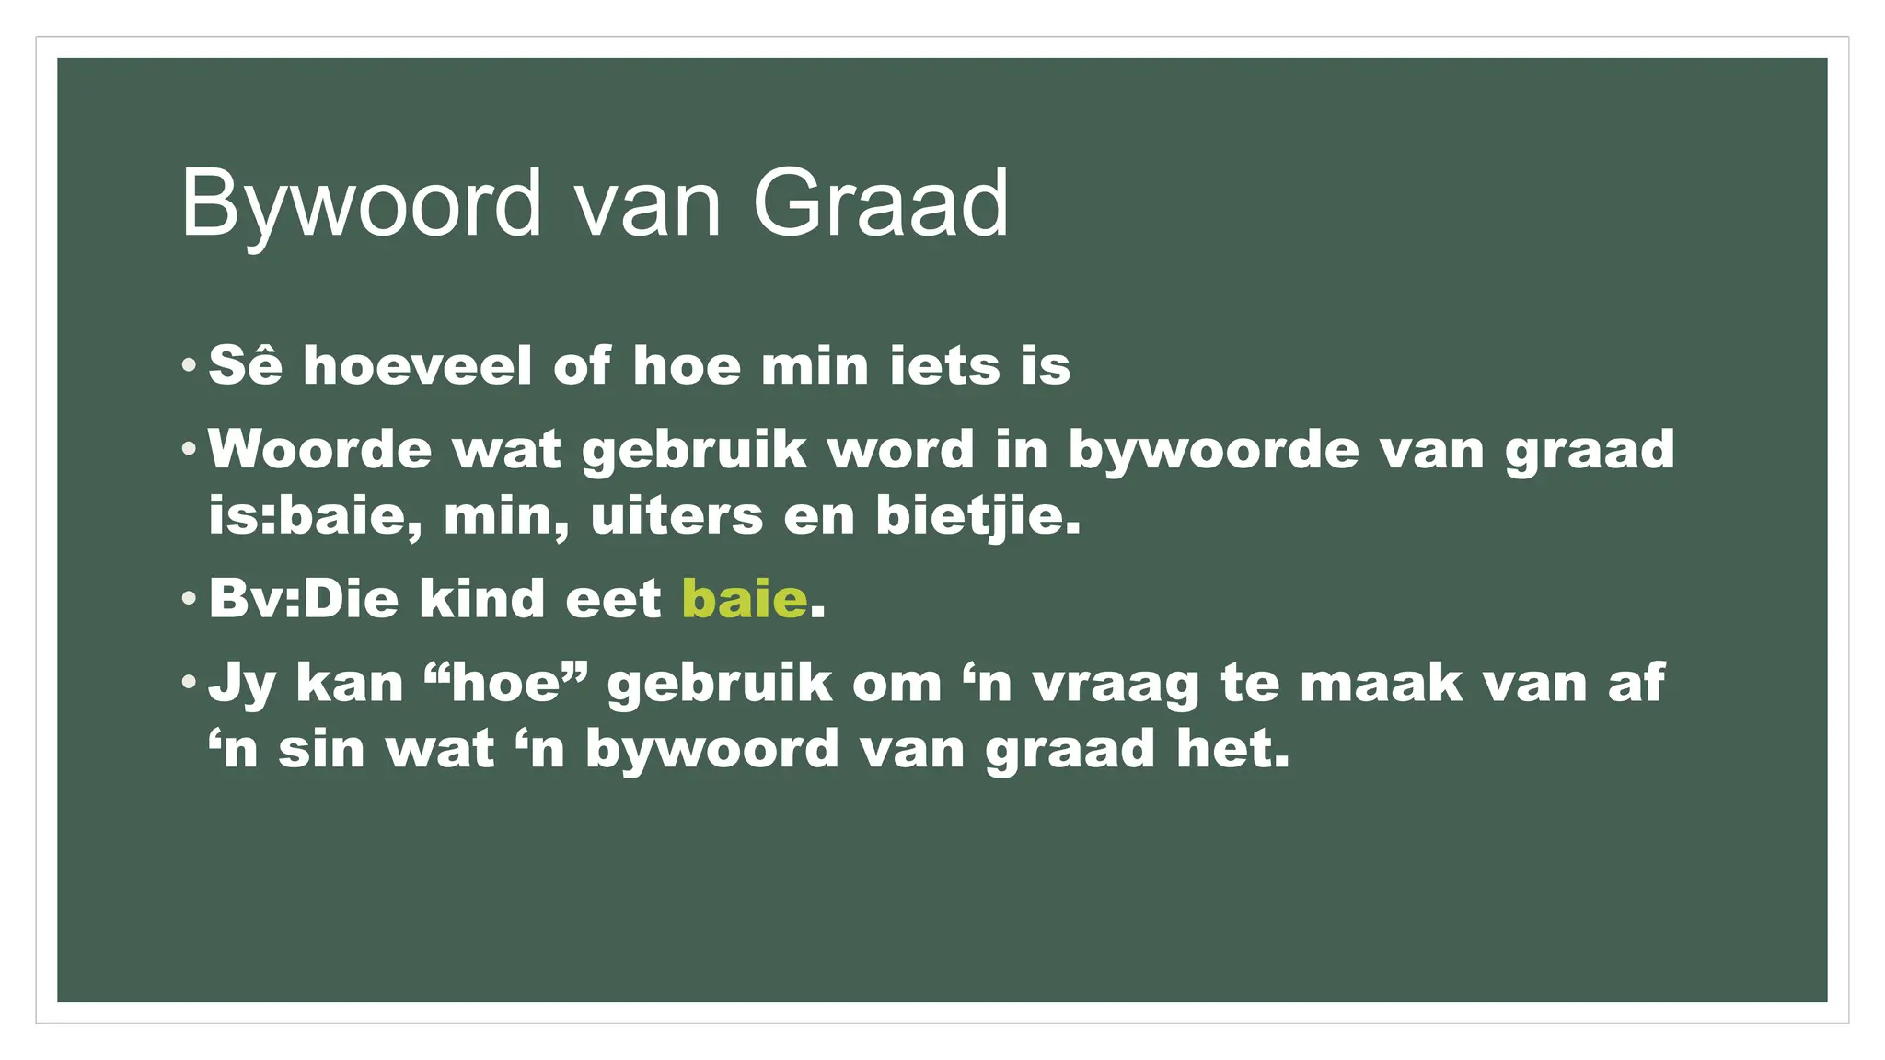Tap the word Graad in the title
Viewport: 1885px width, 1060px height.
coord(880,204)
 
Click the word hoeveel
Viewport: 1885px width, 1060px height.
coord(418,366)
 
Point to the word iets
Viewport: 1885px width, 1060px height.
coord(943,366)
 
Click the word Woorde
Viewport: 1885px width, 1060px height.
coord(319,450)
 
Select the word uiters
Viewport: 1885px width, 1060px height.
coord(677,516)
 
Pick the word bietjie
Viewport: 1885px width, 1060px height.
coord(977,516)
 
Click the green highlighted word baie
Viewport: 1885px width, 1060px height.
coord(745,599)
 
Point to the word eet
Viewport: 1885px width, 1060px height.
coord(613,599)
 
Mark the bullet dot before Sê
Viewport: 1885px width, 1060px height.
coord(189,365)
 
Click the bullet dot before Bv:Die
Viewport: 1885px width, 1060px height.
coord(189,599)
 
